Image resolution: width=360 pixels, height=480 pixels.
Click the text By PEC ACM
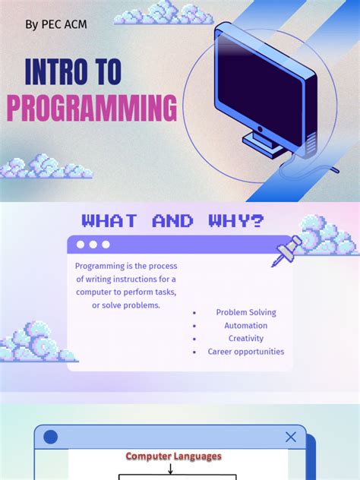[56, 24]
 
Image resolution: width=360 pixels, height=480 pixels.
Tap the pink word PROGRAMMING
[92, 109]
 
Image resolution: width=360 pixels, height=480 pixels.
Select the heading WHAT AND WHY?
[173, 221]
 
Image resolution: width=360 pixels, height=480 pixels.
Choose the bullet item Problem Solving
[245, 312]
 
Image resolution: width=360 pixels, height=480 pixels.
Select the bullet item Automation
[245, 325]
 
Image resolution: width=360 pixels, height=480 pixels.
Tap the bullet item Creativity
[245, 338]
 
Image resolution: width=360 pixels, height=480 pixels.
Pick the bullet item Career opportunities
[245, 352]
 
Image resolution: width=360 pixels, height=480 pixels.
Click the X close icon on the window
[291, 437]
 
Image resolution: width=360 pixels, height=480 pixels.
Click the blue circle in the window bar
[51, 437]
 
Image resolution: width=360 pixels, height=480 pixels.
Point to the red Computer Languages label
[173, 456]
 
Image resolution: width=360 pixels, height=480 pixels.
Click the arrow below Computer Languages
[170, 469]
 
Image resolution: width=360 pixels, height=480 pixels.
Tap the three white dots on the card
[93, 245]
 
